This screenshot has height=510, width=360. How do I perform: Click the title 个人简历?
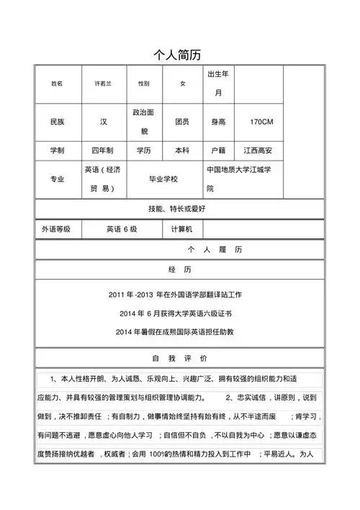click(x=180, y=55)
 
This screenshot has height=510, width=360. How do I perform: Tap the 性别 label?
click(x=143, y=84)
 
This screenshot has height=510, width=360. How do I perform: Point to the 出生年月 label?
click(x=219, y=84)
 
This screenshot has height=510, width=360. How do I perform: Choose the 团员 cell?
click(x=182, y=122)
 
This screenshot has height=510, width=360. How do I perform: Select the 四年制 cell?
click(x=103, y=152)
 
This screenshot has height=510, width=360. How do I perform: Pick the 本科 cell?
click(x=182, y=152)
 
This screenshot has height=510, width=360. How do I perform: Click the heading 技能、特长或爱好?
click(x=180, y=208)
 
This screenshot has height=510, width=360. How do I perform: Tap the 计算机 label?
click(x=184, y=229)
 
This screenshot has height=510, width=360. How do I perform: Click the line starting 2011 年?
click(x=180, y=295)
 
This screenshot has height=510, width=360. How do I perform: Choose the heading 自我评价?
click(x=180, y=358)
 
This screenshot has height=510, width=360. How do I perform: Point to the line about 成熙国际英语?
click(x=180, y=331)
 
